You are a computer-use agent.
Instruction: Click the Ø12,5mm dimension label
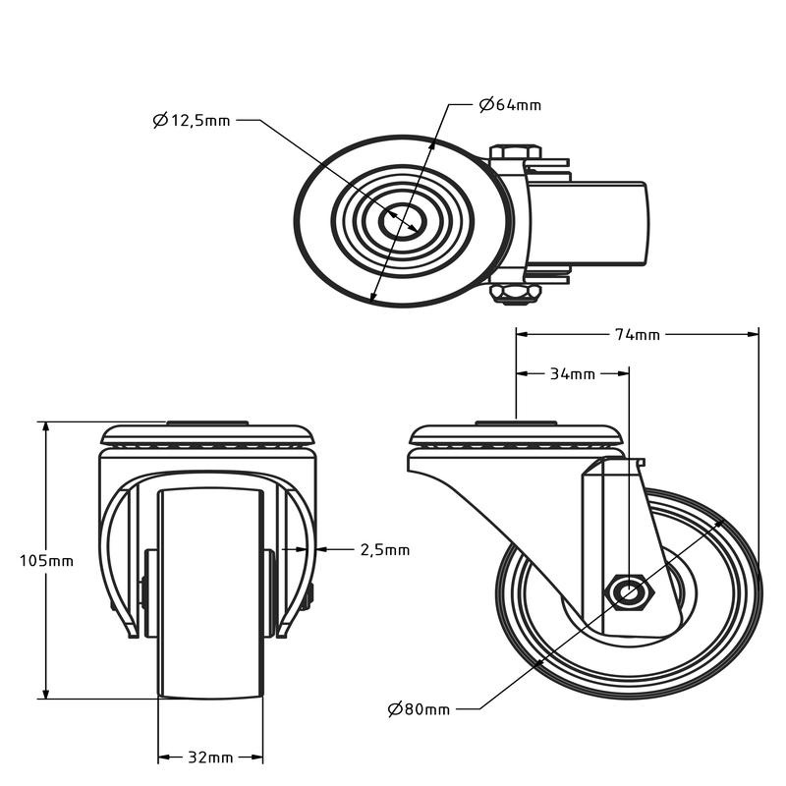(x=192, y=120)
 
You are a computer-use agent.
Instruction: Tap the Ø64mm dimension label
(x=510, y=105)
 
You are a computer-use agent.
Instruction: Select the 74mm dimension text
(x=638, y=334)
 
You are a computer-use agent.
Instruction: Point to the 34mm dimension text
(x=573, y=374)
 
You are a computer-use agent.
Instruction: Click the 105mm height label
(x=46, y=560)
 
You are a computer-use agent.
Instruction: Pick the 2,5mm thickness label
(x=385, y=550)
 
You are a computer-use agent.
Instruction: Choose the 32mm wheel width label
(x=210, y=757)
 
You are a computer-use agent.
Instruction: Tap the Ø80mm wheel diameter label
(x=420, y=708)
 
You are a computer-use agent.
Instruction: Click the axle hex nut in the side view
(x=630, y=593)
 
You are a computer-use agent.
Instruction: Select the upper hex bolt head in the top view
(x=515, y=152)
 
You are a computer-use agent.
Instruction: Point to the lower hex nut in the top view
(x=515, y=294)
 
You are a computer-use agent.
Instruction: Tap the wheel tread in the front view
(x=210, y=594)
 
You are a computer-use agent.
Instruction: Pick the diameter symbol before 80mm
(x=395, y=709)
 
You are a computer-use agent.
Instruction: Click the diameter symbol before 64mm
(x=486, y=105)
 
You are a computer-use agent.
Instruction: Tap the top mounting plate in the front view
(x=207, y=434)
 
